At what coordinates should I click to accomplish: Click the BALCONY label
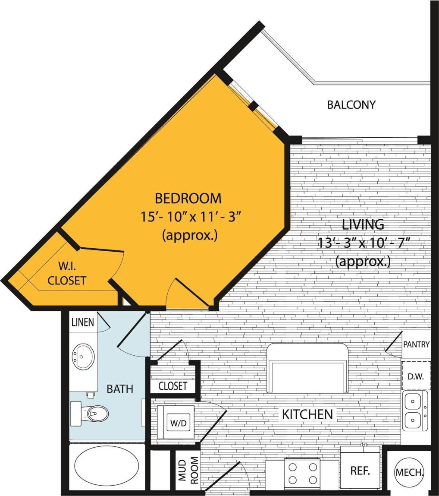351,105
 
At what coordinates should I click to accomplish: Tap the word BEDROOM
188,199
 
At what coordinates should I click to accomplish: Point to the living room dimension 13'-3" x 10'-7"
363,243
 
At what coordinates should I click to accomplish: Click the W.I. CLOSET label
66,273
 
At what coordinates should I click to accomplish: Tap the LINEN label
83,322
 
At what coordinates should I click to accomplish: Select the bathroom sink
83,357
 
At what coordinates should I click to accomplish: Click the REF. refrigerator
360,470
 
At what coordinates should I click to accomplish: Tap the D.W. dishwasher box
416,376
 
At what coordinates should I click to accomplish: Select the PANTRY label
417,344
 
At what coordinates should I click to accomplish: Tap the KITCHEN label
307,414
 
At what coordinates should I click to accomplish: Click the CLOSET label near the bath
172,386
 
